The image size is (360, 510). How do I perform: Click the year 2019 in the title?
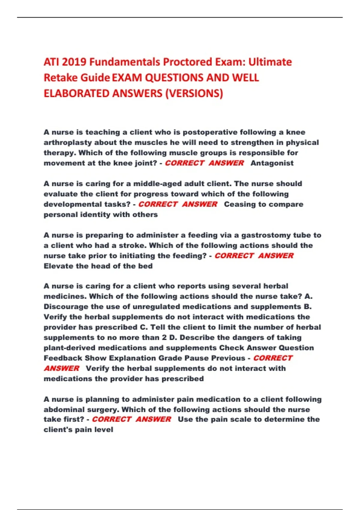click(74, 62)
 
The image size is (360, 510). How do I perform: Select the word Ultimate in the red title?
click(270, 62)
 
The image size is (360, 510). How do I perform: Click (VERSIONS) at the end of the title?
click(194, 94)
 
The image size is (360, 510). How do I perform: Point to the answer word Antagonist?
click(272, 163)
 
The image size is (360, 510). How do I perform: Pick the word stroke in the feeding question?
click(132, 245)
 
